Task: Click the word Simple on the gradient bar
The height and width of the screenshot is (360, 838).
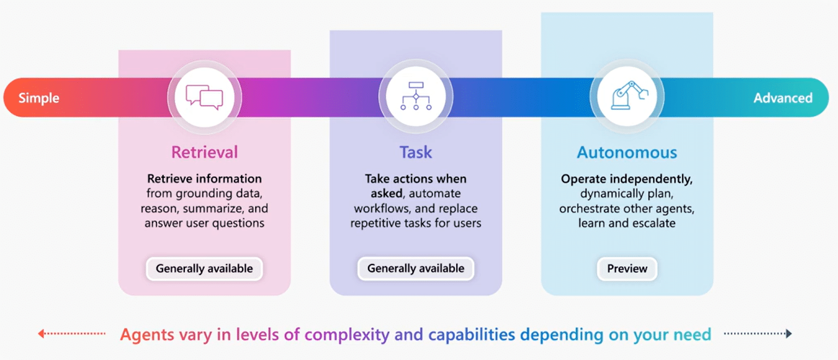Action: click(39, 98)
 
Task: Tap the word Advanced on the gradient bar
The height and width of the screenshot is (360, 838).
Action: click(783, 98)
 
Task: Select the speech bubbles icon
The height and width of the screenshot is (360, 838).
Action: click(204, 97)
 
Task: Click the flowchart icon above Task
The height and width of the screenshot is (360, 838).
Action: click(416, 97)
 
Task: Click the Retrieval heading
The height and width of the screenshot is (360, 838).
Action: click(204, 152)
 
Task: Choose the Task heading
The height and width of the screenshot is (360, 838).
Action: click(415, 152)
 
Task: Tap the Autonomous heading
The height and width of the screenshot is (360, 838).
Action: click(627, 152)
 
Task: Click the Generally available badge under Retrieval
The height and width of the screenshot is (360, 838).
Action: click(204, 268)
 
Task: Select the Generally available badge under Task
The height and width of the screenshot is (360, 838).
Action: click(416, 268)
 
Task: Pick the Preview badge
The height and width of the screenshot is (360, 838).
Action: click(627, 268)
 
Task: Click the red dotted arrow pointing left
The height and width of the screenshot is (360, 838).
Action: click(71, 333)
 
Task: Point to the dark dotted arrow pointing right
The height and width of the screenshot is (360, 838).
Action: click(758, 333)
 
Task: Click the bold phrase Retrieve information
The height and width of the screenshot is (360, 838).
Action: click(204, 178)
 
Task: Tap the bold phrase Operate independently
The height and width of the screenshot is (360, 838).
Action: click(627, 179)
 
